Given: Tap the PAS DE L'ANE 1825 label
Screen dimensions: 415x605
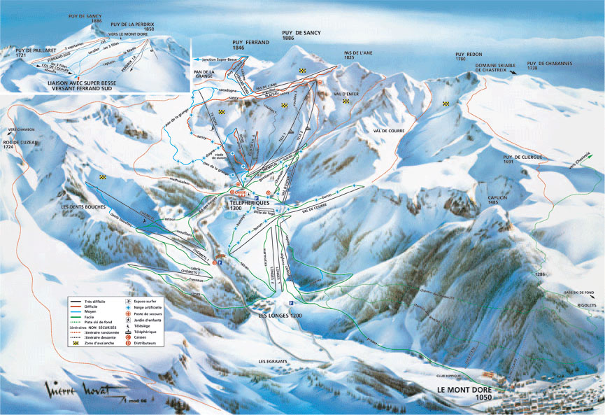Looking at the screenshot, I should click(x=357, y=55).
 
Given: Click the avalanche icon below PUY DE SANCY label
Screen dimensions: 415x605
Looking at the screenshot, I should click(x=302, y=71).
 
